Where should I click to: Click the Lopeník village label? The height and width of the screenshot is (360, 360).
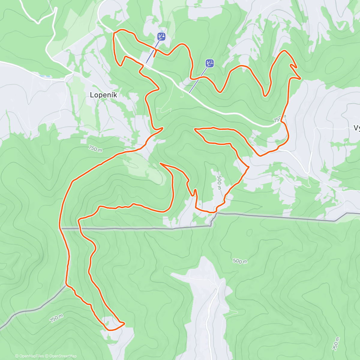click(x=103, y=95)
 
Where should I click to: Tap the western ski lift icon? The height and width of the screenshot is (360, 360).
click(x=161, y=37)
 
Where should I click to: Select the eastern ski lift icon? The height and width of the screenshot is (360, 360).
click(x=210, y=63)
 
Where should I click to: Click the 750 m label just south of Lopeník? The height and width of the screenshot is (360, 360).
click(x=95, y=148)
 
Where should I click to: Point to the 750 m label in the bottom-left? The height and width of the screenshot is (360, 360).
click(x=56, y=319)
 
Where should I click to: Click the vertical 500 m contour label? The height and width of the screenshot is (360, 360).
click(x=219, y=183)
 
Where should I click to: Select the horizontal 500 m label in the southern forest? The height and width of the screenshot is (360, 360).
click(x=240, y=261)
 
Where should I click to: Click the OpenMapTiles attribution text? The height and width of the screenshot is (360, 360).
click(x=31, y=356)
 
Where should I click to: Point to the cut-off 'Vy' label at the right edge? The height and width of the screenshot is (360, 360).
click(x=357, y=128)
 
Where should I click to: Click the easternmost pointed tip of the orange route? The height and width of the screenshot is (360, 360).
click(x=300, y=79)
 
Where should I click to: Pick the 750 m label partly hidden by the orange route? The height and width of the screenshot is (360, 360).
click(x=280, y=119)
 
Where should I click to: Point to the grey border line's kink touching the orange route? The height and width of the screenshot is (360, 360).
click(x=214, y=214)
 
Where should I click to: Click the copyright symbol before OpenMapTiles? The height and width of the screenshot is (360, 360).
click(x=17, y=356)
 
